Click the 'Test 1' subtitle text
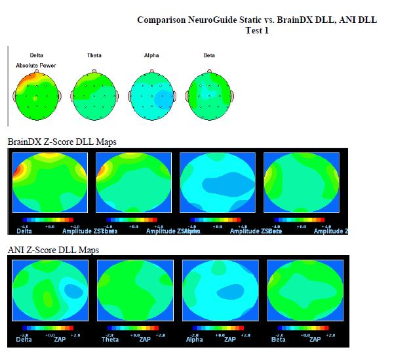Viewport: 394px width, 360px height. click(x=257, y=30)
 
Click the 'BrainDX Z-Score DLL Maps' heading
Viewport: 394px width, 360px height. click(x=62, y=142)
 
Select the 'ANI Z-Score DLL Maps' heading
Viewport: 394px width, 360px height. click(x=53, y=250)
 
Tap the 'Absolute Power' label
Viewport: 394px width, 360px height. click(x=36, y=66)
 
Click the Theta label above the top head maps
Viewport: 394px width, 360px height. click(x=94, y=55)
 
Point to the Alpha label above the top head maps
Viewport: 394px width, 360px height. click(x=151, y=55)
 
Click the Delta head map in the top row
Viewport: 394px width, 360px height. click(x=37, y=96)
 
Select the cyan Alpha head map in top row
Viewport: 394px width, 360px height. click(x=151, y=96)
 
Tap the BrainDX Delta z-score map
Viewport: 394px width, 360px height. click(x=50, y=182)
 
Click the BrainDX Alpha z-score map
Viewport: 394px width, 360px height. click(x=218, y=182)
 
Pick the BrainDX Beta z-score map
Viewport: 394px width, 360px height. click(x=302, y=182)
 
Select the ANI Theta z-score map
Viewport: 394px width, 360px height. click(x=135, y=290)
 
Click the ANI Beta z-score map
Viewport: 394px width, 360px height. click(x=305, y=290)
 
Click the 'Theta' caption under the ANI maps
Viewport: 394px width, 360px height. click(x=109, y=340)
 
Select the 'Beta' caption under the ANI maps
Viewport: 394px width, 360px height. click(x=278, y=340)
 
